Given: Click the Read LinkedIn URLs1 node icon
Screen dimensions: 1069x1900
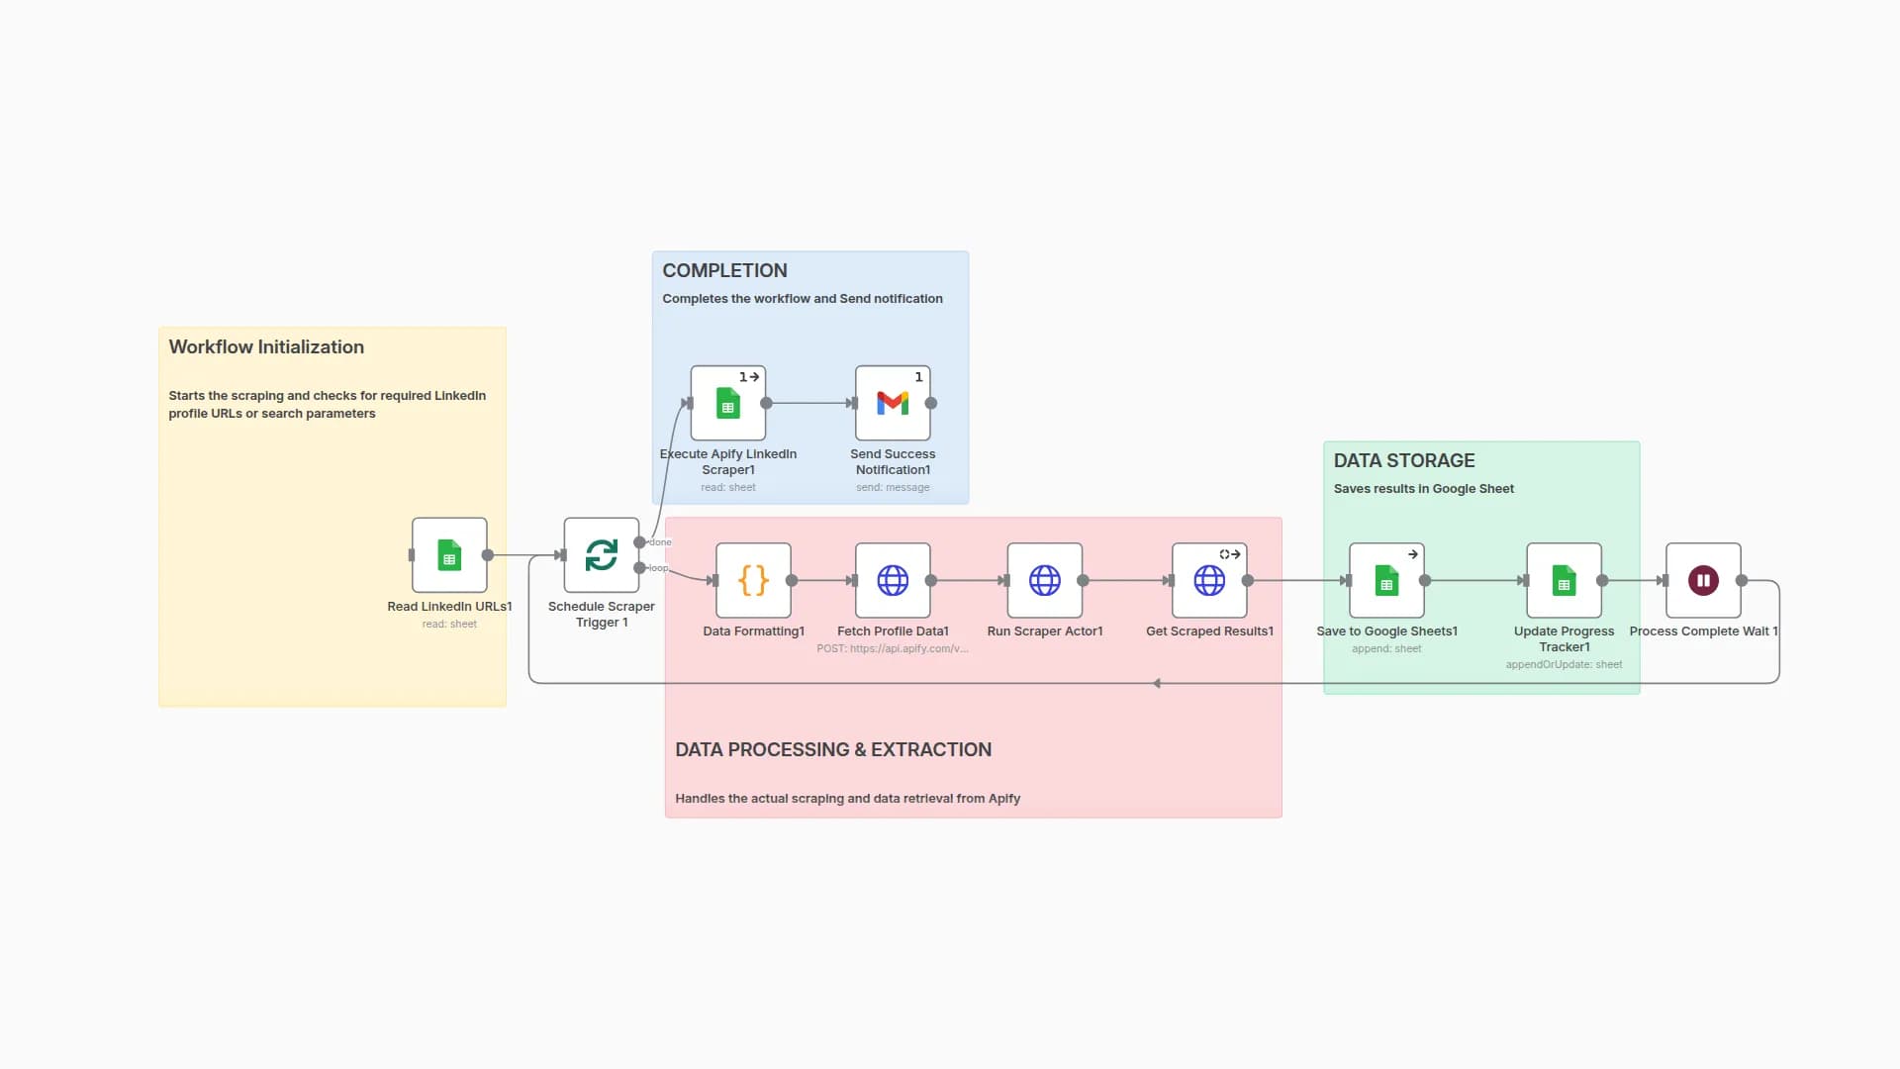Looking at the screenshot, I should [x=449, y=555].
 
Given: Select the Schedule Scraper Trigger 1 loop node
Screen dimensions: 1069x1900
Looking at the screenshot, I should [x=601, y=555].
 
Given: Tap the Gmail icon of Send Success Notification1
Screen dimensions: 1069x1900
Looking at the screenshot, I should [x=893, y=403].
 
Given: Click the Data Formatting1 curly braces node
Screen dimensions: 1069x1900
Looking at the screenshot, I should [x=753, y=580].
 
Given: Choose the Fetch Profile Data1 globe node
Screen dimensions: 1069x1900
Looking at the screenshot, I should [x=893, y=580].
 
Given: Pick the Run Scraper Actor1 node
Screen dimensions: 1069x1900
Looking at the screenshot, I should [x=1044, y=580].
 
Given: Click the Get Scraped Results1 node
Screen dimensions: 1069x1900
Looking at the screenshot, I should [x=1209, y=580].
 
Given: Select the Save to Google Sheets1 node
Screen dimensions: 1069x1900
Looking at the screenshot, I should [x=1386, y=580].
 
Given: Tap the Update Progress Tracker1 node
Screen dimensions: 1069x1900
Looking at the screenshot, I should [x=1564, y=580].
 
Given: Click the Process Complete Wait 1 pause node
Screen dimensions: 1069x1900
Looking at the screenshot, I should [x=1703, y=580].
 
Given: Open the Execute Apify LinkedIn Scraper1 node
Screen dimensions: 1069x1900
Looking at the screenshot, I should [x=728, y=403].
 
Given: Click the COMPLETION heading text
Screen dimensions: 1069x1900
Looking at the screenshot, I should [x=724, y=270].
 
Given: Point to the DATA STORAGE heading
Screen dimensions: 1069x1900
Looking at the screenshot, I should [x=1403, y=460].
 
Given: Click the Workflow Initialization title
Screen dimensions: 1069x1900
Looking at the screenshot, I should [x=266, y=346].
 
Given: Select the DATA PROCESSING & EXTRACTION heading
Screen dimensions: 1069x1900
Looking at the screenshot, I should [x=832, y=749].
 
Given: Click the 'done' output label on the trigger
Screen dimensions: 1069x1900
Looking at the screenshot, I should [x=660, y=542].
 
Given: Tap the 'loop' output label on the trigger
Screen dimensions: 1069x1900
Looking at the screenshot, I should [x=658, y=568].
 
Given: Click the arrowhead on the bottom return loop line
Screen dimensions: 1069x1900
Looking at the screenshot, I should [x=1156, y=683].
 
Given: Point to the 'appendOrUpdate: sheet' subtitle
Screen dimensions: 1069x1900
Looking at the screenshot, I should [x=1564, y=664].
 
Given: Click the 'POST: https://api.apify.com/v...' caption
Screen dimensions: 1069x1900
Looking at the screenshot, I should [x=892, y=648].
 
